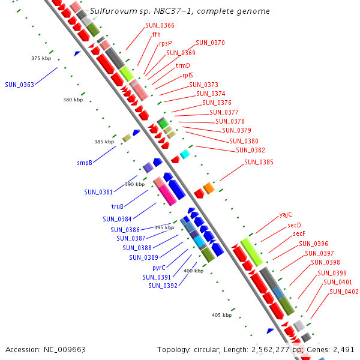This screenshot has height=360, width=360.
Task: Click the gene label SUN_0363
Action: point(19,85)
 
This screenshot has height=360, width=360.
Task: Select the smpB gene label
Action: point(85,163)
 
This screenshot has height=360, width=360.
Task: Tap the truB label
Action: point(118,206)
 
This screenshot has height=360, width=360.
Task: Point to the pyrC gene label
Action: point(159,268)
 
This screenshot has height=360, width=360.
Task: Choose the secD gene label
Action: point(294,224)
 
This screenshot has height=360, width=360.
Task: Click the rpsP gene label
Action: point(165,43)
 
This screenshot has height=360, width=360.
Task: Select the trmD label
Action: point(182,65)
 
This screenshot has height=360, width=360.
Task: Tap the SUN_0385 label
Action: point(259,162)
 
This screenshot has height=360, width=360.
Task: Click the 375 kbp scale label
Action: point(41,58)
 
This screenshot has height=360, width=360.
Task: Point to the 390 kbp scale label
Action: point(134,184)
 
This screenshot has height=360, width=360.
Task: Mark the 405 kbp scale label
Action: point(221,314)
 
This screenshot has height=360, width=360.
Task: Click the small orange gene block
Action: point(208,188)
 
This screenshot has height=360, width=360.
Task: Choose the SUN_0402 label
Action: point(344,292)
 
